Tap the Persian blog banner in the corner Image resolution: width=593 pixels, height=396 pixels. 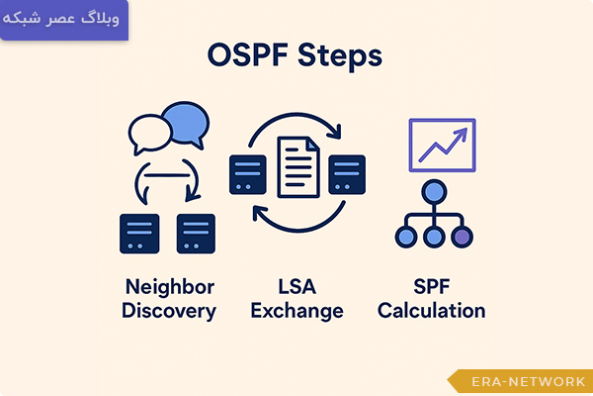click(x=63, y=20)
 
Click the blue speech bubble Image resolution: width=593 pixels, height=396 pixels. click(x=187, y=125)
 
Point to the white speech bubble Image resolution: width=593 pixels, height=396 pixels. click(x=149, y=133)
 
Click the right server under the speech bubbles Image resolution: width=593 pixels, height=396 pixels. click(x=196, y=234)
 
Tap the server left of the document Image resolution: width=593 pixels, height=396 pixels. click(x=246, y=173)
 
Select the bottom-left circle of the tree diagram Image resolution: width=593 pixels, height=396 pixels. click(x=406, y=237)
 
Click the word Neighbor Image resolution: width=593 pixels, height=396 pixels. click(x=168, y=287)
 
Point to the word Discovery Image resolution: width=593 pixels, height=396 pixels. click(x=168, y=311)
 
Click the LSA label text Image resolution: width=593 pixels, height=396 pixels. click(x=296, y=287)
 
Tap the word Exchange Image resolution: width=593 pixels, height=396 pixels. click(x=296, y=311)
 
